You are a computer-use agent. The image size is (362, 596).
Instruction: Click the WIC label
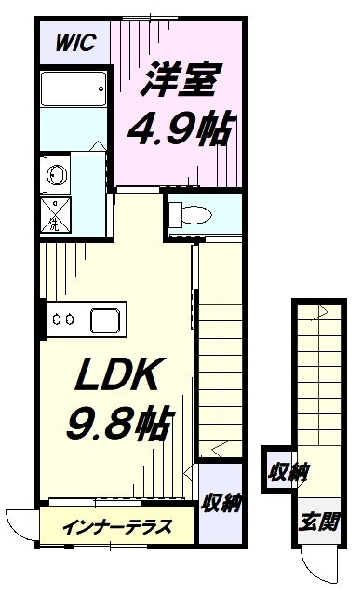[75, 43]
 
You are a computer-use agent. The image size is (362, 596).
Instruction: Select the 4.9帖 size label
[179, 129]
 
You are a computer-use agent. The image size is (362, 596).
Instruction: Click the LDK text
[116, 374]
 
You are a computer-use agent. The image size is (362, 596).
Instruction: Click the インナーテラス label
[116, 526]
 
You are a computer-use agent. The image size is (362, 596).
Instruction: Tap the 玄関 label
[318, 521]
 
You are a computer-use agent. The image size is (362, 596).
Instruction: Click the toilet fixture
[190, 214]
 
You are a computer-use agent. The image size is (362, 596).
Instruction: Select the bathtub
[73, 89]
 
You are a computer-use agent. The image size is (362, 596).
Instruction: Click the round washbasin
[57, 175]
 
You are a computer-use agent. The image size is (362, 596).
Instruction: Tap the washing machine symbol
[56, 215]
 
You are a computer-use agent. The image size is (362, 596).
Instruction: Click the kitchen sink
[105, 319]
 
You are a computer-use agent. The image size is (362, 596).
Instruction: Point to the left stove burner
[57, 319]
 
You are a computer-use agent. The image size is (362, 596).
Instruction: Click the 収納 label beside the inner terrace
[221, 503]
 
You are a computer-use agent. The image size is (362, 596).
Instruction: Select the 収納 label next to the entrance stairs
[288, 473]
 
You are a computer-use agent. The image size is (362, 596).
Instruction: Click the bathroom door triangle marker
[99, 146]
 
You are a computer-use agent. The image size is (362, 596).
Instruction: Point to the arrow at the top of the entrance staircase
[320, 313]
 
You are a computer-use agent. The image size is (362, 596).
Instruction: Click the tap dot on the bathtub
[101, 89]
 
